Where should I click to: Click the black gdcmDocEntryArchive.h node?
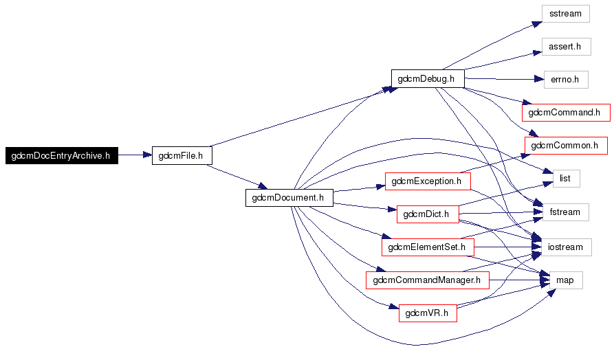pyautogui.click(x=61, y=155)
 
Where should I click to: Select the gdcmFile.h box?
pyautogui.click(x=181, y=155)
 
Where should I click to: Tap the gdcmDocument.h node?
pyautogui.click(x=289, y=197)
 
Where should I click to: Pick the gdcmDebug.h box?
pyautogui.click(x=427, y=78)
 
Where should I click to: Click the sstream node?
pyautogui.click(x=565, y=14)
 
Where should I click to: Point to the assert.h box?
pyautogui.click(x=565, y=47)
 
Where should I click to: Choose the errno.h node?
pyautogui.click(x=565, y=79)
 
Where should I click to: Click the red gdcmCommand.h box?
pyautogui.click(x=565, y=112)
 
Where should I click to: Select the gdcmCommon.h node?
pyautogui.click(x=565, y=145)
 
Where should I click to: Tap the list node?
pyautogui.click(x=566, y=179)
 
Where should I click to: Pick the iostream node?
pyautogui.click(x=565, y=247)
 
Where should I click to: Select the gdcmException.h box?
pyautogui.click(x=427, y=181)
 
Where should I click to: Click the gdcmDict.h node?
pyautogui.click(x=427, y=214)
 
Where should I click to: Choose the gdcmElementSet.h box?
pyautogui.click(x=427, y=247)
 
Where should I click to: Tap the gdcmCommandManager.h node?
pyautogui.click(x=427, y=280)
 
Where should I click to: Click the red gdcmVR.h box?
pyautogui.click(x=427, y=313)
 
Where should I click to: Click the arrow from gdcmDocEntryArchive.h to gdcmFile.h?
pyautogui.click(x=134, y=155)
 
